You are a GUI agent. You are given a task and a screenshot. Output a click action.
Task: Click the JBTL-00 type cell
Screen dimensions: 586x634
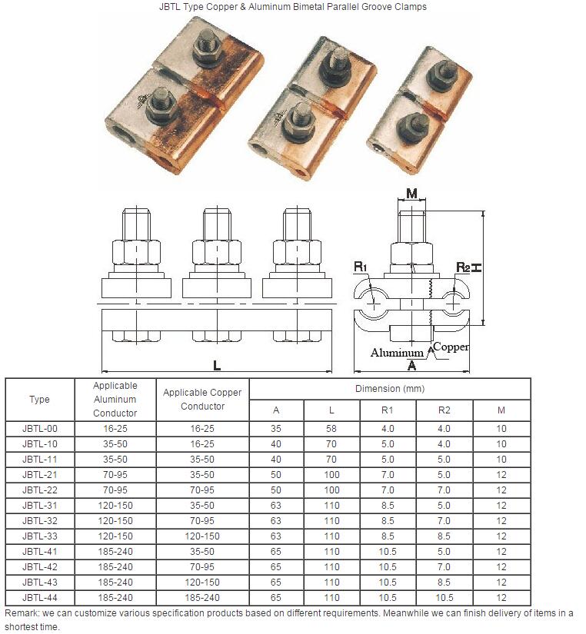[x=40, y=429]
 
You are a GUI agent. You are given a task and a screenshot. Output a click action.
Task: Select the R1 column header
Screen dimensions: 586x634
[x=388, y=410]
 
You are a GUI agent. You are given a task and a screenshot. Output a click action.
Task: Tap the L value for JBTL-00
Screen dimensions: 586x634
[x=331, y=429]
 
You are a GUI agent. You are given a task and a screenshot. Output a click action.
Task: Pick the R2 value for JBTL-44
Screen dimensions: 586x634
[x=444, y=598]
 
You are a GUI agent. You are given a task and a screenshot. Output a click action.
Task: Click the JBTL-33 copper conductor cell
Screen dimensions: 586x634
[x=202, y=536]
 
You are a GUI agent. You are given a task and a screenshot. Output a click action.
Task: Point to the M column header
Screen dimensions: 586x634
[x=501, y=410]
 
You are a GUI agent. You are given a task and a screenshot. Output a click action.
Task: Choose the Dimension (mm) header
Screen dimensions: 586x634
[x=390, y=389]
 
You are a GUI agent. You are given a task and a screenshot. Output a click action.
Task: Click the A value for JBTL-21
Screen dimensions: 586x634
[x=276, y=475]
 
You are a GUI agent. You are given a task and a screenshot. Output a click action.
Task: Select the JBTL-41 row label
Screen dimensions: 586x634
[x=40, y=552]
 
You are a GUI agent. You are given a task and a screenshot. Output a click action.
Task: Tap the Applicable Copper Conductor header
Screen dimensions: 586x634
[x=202, y=399]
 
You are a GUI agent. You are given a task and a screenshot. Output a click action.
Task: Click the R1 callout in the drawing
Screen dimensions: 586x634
[x=360, y=267]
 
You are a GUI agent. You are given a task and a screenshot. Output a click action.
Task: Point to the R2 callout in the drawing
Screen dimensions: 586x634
[x=463, y=267]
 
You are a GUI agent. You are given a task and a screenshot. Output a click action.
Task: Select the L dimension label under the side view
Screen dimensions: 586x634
[x=217, y=366]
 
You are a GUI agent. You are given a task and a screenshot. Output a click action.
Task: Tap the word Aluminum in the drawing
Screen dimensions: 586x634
[x=397, y=353]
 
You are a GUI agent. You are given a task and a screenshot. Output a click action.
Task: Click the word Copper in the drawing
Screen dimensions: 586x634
[x=451, y=347]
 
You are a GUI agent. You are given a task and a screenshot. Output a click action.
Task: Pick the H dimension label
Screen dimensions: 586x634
[x=477, y=267]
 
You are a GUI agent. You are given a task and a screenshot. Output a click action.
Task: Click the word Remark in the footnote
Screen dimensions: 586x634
[x=21, y=613]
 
